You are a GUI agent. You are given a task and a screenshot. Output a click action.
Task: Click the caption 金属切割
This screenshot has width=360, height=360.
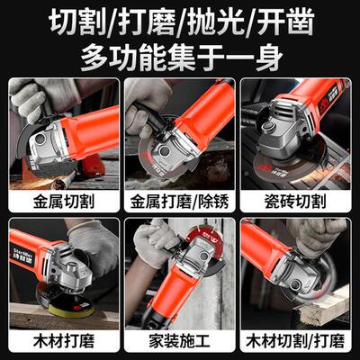63,199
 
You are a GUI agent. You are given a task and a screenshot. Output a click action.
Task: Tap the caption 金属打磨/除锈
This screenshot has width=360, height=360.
179,199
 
